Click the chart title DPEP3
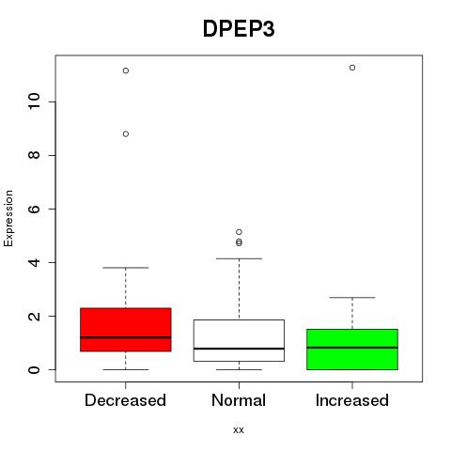coord(239,29)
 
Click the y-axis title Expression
coord(8,218)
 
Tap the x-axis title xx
coord(239,430)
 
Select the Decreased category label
coord(125,400)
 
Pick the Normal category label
coord(239,400)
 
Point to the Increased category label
coord(352,400)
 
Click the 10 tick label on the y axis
coord(35,101)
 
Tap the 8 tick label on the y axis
coord(35,155)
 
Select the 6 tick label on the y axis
coord(35,209)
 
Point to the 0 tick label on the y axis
coord(35,369)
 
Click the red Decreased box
coord(126,330)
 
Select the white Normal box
coord(239,340)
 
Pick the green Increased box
coord(352,350)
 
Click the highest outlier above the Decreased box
coord(126,70)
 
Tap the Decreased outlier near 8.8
coord(126,134)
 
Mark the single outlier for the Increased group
coord(352,68)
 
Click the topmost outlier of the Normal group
coord(239,232)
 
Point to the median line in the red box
coord(126,337)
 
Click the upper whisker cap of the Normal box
coord(239,258)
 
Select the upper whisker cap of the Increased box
coord(352,298)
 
